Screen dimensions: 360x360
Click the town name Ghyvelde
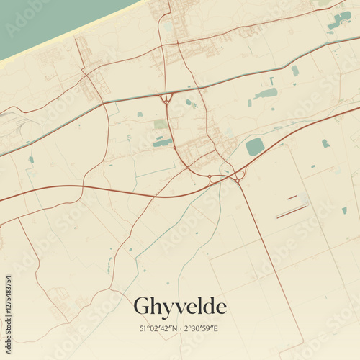[180, 307]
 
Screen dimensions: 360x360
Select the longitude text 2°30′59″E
[201, 329]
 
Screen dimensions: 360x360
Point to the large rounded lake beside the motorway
[254, 147]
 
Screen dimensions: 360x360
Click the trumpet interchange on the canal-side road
[167, 98]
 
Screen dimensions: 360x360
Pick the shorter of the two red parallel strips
[292, 197]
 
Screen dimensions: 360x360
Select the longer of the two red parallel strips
[292, 212]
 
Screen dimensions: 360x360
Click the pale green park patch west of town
[161, 125]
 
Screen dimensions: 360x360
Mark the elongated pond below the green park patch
[163, 143]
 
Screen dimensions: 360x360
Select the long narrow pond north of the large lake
[266, 94]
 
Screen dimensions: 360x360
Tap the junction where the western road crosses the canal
[105, 104]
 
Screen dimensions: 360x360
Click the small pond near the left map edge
[31, 160]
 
